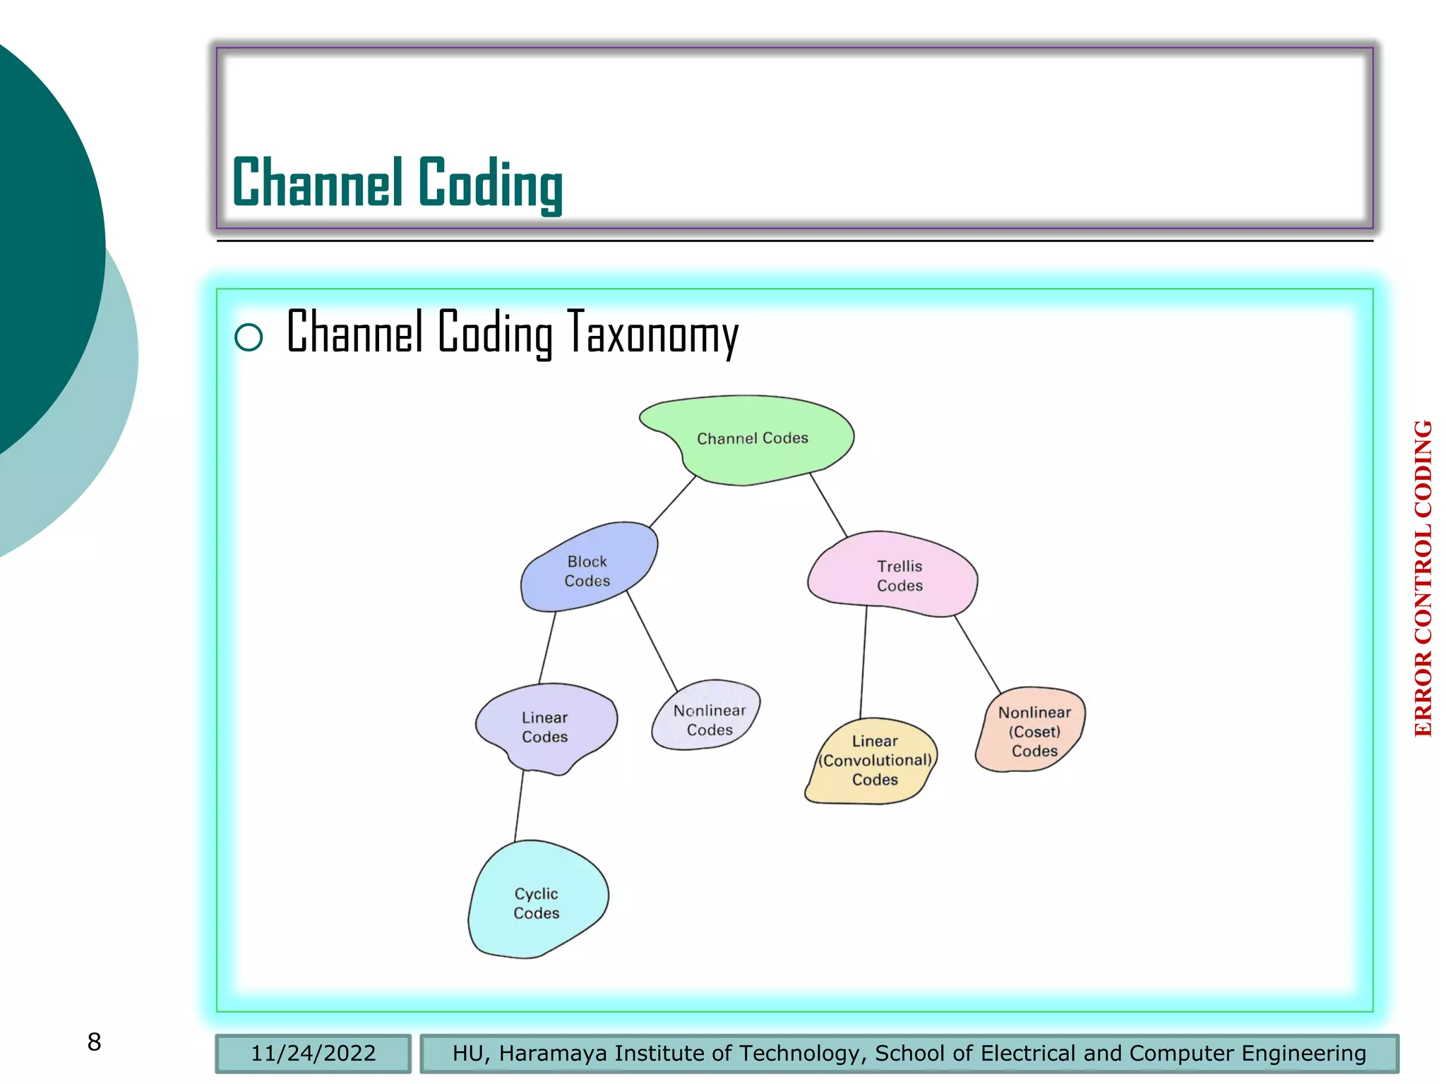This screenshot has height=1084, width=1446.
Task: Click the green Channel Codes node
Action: tap(752, 438)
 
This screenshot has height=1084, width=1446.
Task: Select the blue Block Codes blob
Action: tap(587, 570)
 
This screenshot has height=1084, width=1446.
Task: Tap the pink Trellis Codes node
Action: tap(899, 575)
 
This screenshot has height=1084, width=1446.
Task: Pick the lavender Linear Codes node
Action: tap(544, 726)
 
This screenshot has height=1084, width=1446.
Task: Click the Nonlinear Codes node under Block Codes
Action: tap(709, 719)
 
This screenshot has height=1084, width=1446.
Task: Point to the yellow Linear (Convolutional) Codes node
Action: tap(874, 760)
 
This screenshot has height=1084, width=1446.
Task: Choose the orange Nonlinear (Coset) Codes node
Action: tap(1034, 731)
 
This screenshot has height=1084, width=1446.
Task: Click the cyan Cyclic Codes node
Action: tap(537, 903)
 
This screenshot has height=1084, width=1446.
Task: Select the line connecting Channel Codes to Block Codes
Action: tap(672, 501)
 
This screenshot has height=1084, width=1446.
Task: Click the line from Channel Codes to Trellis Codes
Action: tap(828, 505)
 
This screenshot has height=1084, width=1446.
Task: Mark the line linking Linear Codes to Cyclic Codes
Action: tap(519, 805)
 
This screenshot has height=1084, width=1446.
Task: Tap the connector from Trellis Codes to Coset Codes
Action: tap(977, 654)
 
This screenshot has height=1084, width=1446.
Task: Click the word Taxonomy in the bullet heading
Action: tap(652, 333)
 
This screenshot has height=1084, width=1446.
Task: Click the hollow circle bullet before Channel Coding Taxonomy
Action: tap(249, 337)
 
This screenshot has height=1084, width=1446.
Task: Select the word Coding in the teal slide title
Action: tap(490, 183)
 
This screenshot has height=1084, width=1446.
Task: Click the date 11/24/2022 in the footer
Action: tap(313, 1053)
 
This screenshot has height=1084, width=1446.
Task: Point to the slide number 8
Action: tap(94, 1042)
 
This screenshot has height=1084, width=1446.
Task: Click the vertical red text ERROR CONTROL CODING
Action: tap(1423, 578)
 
